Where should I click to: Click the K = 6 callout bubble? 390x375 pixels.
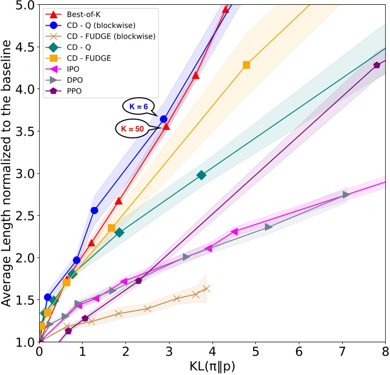138,107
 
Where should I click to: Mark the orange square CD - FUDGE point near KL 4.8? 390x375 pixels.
246,65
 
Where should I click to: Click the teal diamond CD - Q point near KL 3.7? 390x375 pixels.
201,175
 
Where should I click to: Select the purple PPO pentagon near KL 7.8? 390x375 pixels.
377,65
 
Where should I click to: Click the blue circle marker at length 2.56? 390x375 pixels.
94,210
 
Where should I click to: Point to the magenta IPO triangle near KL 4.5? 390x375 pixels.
234,232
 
